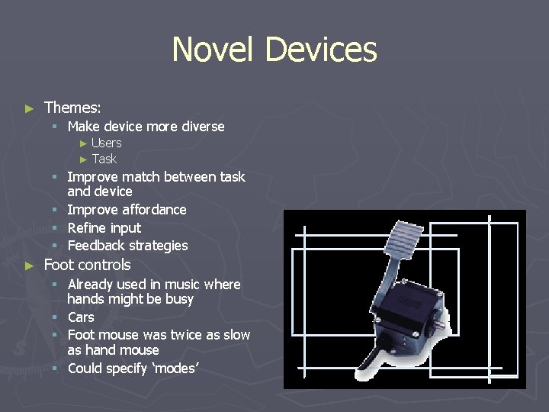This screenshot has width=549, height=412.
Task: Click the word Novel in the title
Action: [214, 50]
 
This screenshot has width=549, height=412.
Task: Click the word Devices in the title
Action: [320, 50]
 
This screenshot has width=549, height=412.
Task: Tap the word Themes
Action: [72, 108]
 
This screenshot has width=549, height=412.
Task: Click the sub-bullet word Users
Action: [106, 143]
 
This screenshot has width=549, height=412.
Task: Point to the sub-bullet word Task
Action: [104, 159]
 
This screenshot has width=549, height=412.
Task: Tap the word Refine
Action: [86, 227]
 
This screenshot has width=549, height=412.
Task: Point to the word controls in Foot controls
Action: [103, 265]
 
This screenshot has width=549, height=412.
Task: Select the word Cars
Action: [81, 317]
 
